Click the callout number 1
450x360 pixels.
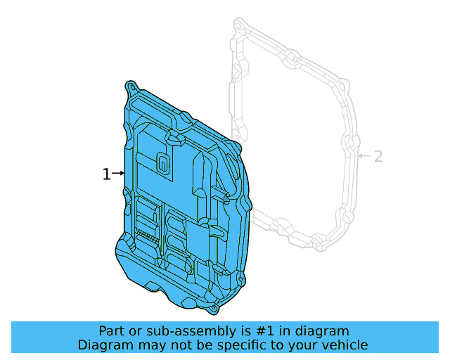click(x=106, y=174)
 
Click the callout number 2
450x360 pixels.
click(x=378, y=156)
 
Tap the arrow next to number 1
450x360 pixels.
click(x=118, y=173)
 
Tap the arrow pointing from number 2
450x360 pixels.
click(x=363, y=155)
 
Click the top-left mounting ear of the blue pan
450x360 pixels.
click(x=131, y=86)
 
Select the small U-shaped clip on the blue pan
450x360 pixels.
click(x=162, y=163)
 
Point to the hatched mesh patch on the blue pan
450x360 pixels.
click(x=144, y=234)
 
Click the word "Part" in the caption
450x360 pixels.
click(x=112, y=331)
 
